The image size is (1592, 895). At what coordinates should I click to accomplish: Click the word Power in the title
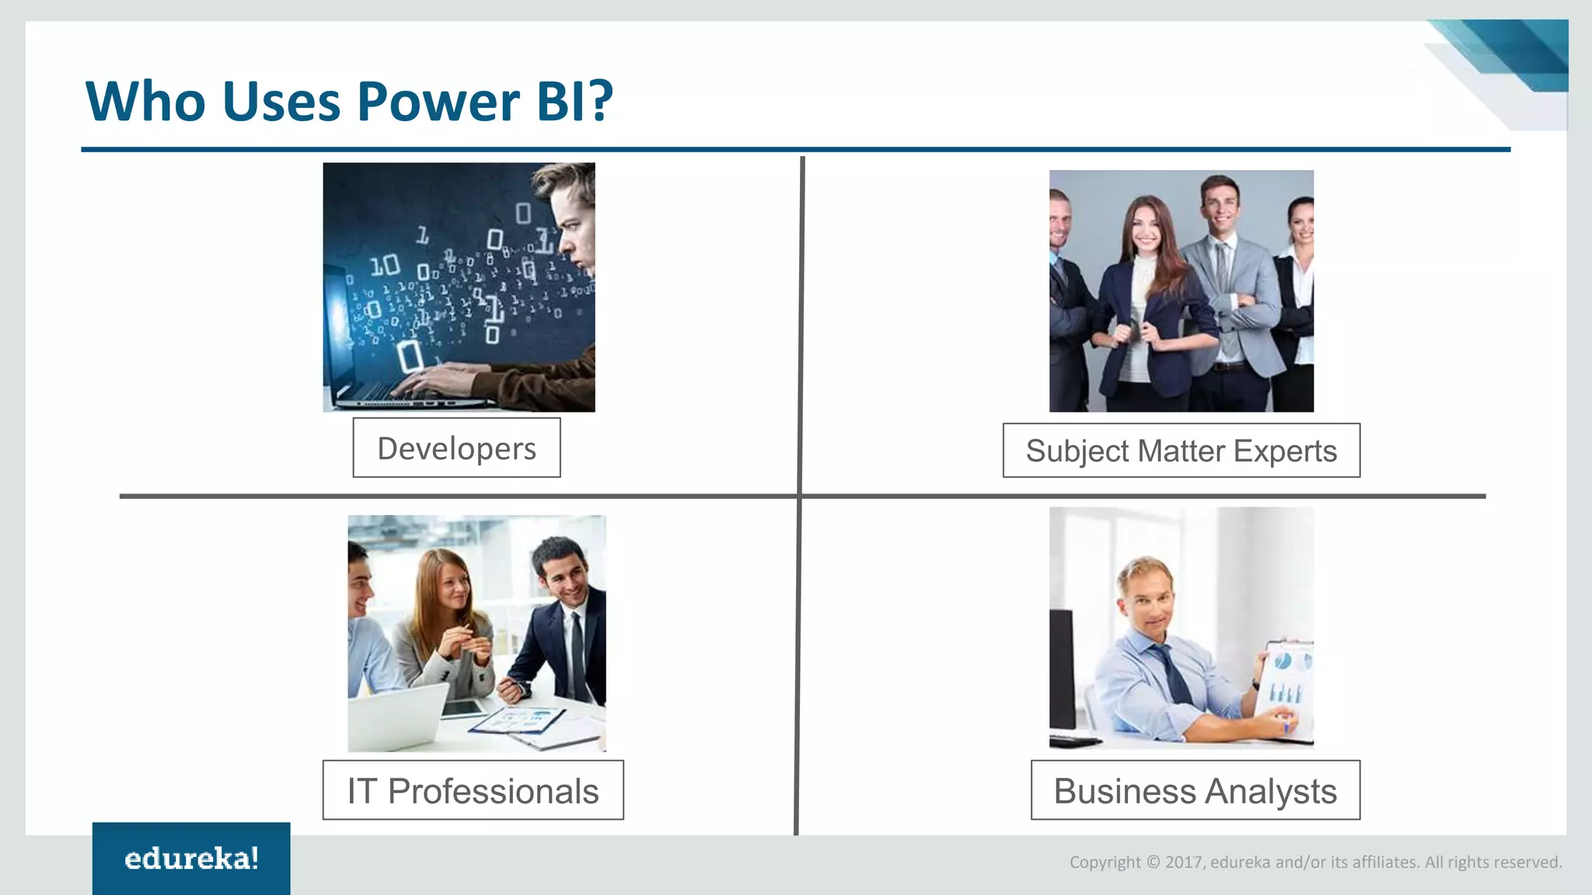tap(438, 102)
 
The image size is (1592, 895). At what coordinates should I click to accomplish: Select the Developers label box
tap(456, 448)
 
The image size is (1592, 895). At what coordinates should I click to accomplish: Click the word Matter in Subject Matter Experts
tap(1182, 451)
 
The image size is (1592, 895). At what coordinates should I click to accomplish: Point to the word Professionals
tap(493, 792)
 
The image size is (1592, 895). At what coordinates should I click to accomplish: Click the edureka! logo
tap(191, 858)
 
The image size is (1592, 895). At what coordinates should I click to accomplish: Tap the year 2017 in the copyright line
tap(1184, 862)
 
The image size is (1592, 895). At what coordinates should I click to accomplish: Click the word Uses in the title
tap(281, 102)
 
